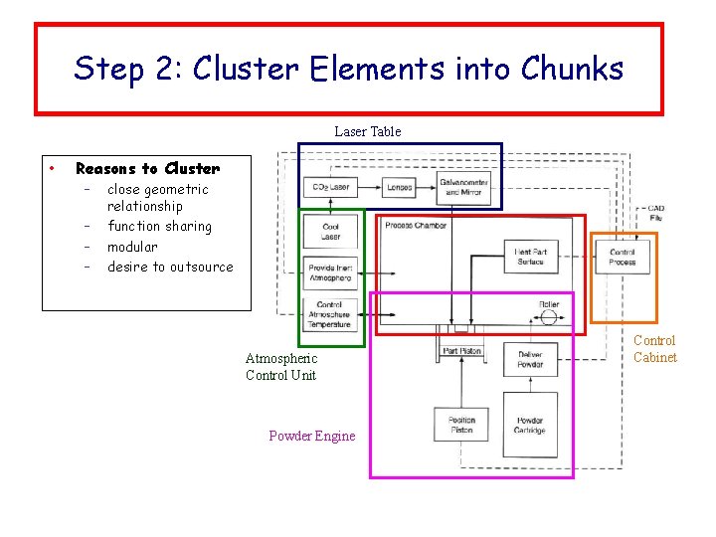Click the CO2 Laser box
330,187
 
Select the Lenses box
400,187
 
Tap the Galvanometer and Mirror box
463,186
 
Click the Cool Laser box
330,232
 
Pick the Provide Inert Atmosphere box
330,273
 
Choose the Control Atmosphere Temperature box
330,315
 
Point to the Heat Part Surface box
530,257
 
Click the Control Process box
623,257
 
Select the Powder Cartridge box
530,425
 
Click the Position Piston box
461,425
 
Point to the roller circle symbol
546,319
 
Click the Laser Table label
367,131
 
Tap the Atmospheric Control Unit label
281,366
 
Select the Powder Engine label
311,436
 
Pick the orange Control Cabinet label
654,349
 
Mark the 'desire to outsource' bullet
170,267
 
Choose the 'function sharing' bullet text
159,227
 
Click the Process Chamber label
416,226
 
